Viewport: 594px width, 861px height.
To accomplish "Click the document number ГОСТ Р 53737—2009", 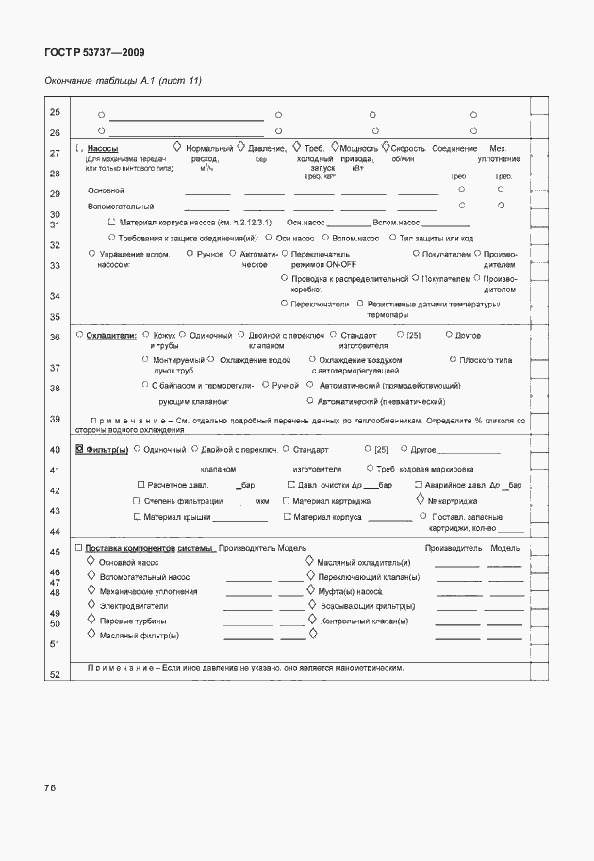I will click(x=94, y=53).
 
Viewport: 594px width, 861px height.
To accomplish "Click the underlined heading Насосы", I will click(x=102, y=149).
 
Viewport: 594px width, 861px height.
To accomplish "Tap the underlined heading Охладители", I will click(x=110, y=335).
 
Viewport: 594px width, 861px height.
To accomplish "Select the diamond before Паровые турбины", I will click(x=91, y=621).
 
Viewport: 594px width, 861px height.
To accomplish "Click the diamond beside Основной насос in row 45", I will click(x=91, y=561).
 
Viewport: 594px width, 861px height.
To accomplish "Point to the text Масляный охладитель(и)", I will click(x=363, y=562).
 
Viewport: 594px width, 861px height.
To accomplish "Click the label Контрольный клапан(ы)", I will click(x=363, y=621).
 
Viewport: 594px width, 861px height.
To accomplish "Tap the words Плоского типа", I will click(x=486, y=360).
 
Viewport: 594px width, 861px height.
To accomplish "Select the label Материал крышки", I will click(x=177, y=518).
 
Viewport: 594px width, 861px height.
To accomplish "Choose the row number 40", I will click(x=55, y=450).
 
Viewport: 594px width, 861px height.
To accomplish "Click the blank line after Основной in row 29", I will click(x=213, y=192).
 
